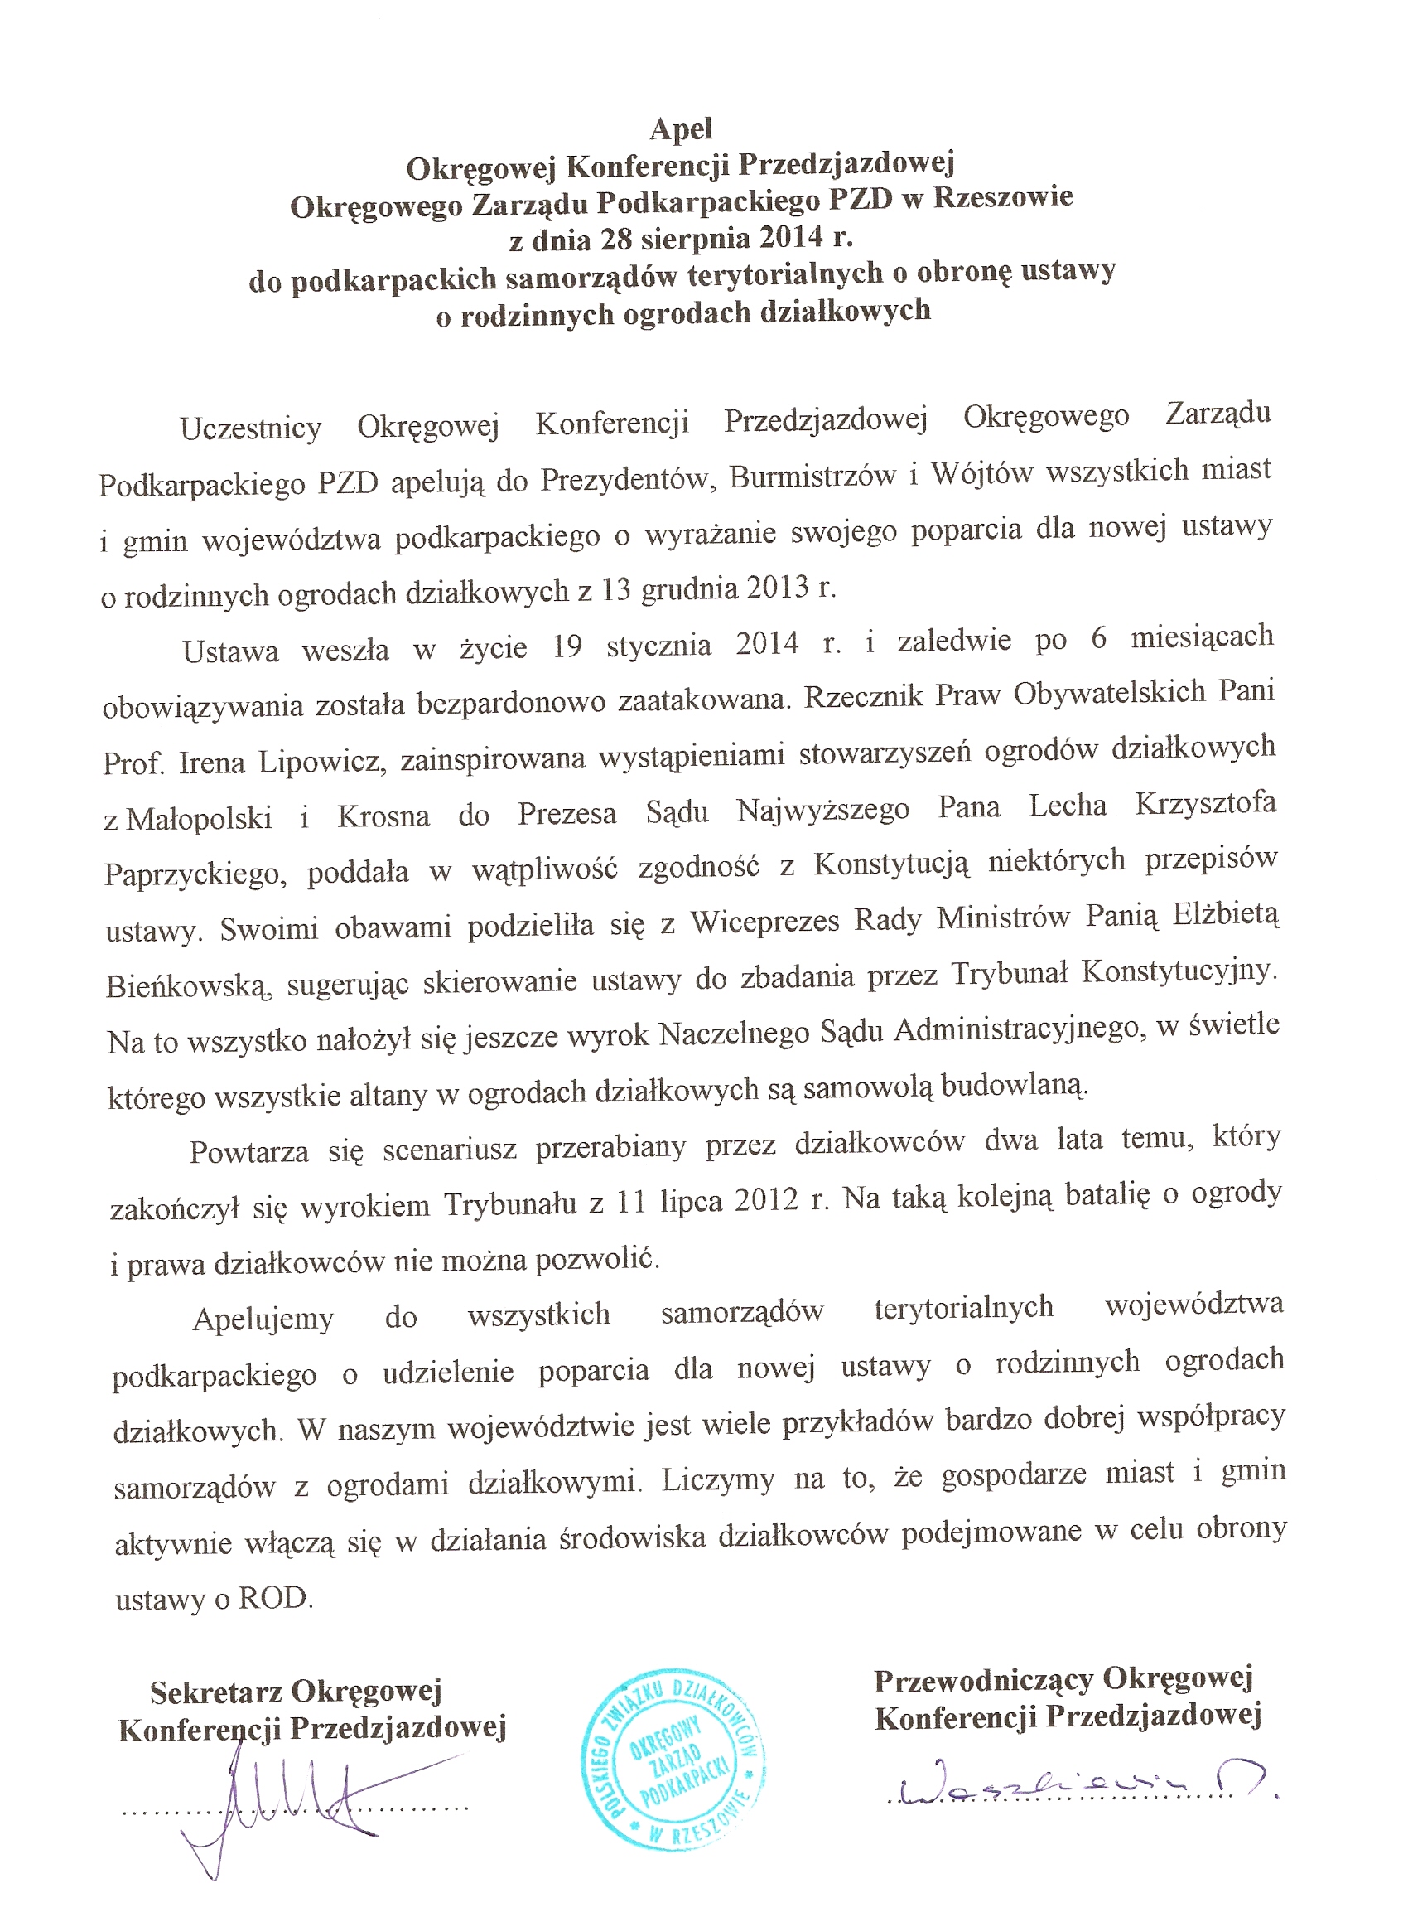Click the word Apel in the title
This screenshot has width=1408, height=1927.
681,128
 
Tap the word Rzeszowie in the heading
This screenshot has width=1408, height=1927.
1003,198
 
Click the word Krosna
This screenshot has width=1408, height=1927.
383,816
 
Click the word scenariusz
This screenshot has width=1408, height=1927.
449,1150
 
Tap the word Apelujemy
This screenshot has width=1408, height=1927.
263,1318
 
